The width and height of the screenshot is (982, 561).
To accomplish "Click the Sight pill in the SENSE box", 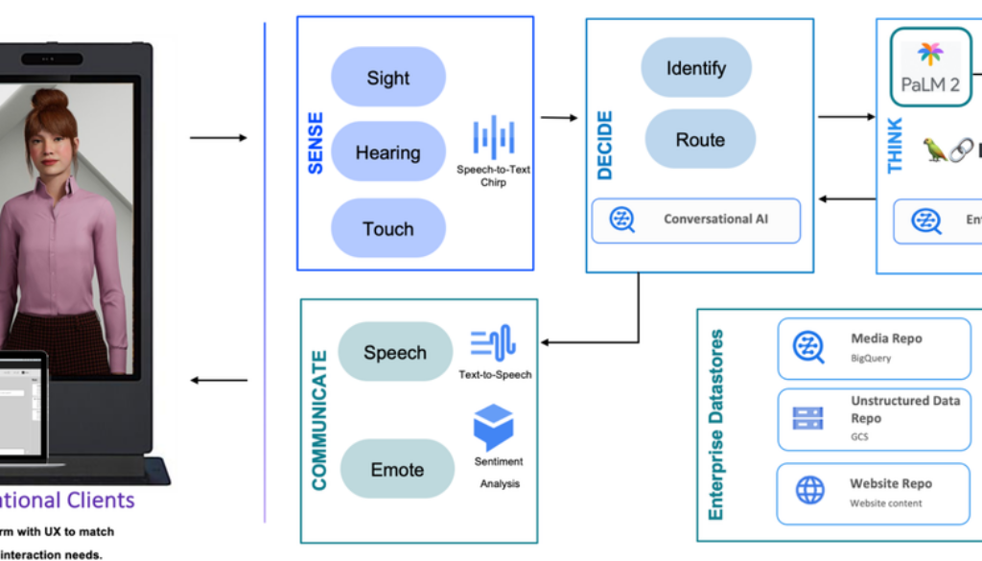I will click(x=388, y=78).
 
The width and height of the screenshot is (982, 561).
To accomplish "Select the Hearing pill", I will click(x=388, y=152).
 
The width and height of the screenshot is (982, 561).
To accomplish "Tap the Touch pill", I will click(x=388, y=229).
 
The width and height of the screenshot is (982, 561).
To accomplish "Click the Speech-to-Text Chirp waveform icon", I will click(x=494, y=138).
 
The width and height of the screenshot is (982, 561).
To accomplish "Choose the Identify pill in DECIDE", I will click(x=696, y=68).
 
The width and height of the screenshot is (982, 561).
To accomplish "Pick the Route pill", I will click(x=700, y=140).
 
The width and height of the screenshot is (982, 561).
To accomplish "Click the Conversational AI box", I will click(x=696, y=220).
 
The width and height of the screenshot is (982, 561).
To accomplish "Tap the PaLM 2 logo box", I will click(x=930, y=67).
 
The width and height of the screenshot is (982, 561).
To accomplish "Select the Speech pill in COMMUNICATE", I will click(x=395, y=353).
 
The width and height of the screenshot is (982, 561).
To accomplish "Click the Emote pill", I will click(x=397, y=470).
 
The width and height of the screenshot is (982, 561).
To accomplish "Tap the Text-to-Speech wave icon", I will click(x=493, y=343).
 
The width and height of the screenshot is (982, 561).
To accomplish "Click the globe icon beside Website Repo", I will click(x=809, y=491).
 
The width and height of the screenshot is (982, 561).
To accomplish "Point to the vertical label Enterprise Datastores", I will click(x=716, y=425).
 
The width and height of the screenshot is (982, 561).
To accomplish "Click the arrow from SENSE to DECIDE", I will click(x=558, y=118).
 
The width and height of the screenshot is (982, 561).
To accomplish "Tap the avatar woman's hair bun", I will click(x=49, y=100).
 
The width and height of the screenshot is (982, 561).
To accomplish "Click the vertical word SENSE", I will click(x=316, y=144).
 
